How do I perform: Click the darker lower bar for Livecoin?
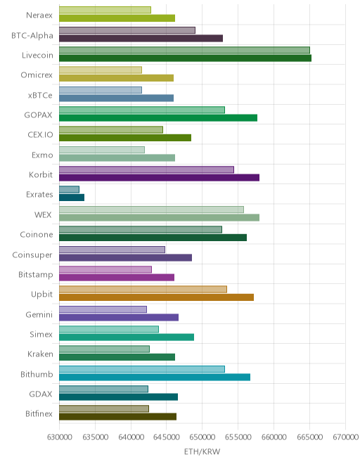point(185,58)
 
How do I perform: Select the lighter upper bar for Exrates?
point(69,189)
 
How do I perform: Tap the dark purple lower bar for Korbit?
point(159,178)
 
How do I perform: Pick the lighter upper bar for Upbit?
point(143,289)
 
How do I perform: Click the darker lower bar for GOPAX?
point(158,118)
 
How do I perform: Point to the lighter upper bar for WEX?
point(151,210)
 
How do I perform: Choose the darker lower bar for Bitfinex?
point(117,417)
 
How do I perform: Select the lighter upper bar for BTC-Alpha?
point(127,30)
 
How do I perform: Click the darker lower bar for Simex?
point(127,337)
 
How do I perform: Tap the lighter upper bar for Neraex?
point(105,10)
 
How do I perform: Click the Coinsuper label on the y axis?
point(32,254)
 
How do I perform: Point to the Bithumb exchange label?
point(37,374)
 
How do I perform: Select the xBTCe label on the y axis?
point(40,96)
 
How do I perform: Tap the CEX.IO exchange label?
point(40,135)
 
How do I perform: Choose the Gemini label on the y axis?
point(39,314)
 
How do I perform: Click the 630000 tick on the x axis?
point(59,437)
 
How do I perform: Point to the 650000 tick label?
point(202,437)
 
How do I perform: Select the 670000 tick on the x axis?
point(345,437)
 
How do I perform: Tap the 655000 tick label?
point(238,437)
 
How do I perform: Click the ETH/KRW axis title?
point(202,451)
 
